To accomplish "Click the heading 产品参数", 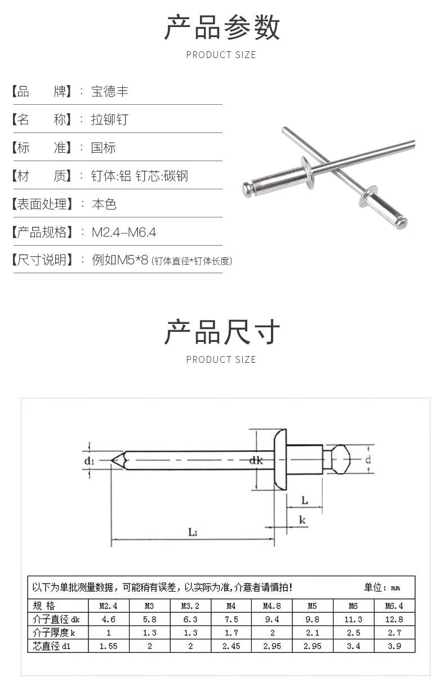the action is point(222,28).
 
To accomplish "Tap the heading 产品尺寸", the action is point(222,332).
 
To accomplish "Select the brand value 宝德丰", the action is point(110,91).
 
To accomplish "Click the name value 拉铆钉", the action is point(110,119).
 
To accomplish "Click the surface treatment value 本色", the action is point(104,204).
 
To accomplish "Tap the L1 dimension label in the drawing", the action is point(192,531).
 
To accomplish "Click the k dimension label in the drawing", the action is point(302,520).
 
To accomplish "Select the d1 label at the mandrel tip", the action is point(88,461).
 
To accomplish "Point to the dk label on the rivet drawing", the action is point(256,461).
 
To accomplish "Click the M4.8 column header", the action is point(272,606).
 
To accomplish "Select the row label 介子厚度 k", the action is point(54,633).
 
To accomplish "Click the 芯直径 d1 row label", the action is point(52,646).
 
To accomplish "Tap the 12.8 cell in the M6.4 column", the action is point(394,620).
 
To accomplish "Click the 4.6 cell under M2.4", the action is point(108,620).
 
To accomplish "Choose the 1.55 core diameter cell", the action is point(108,646).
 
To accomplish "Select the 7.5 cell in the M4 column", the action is point(231,620).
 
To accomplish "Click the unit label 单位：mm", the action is point(381,588).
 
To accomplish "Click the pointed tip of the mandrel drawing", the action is point(113,460).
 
